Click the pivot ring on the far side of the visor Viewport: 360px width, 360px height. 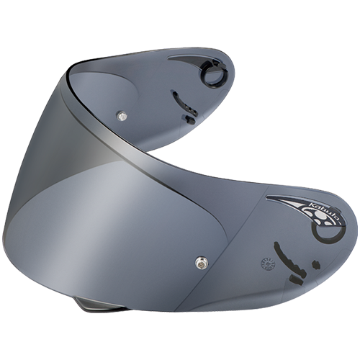212,75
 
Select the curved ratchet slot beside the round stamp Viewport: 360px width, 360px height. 287,257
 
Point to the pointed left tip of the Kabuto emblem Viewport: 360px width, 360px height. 269,198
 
